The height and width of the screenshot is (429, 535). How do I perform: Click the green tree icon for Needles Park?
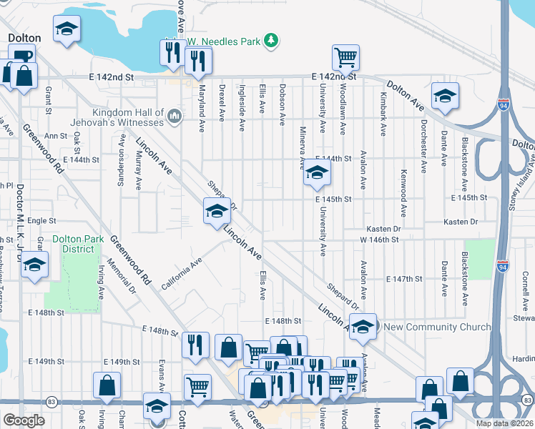click(x=270, y=41)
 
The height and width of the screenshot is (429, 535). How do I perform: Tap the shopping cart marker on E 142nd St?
click(x=345, y=57)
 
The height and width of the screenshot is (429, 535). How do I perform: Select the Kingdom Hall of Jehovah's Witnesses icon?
click(x=173, y=116)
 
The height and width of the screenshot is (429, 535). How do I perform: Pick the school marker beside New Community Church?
click(x=363, y=325)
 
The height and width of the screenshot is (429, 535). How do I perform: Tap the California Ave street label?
click(x=182, y=271)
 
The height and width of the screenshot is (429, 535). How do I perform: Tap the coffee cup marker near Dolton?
click(x=21, y=56)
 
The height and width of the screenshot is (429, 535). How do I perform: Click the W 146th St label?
click(x=379, y=240)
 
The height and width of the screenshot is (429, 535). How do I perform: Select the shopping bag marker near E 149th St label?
click(x=107, y=386)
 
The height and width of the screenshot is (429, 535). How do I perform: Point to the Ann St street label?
click(x=55, y=135)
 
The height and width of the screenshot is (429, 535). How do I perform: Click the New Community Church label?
click(x=437, y=327)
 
